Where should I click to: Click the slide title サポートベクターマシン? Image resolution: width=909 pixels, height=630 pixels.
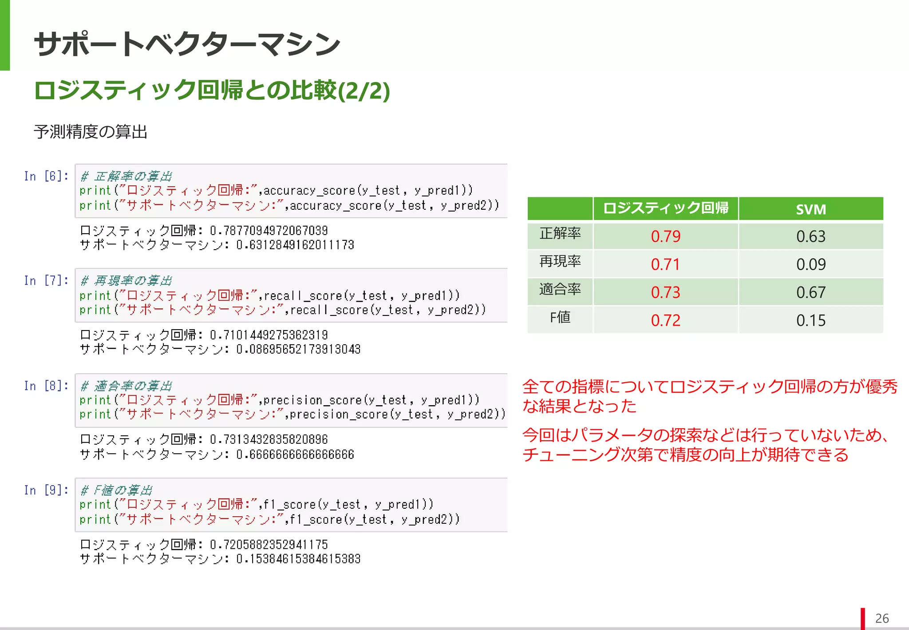187,44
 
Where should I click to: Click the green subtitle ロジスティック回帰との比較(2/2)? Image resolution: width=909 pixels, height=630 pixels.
212,91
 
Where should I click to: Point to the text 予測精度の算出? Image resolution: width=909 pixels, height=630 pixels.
91,132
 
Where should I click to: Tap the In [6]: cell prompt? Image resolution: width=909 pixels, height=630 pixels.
46,176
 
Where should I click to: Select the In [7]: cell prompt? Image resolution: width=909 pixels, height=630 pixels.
46,281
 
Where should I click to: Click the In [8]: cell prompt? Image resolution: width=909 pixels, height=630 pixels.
46,386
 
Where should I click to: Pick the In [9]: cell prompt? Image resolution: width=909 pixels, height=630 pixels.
46,490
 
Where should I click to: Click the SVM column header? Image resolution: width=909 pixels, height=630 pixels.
810,209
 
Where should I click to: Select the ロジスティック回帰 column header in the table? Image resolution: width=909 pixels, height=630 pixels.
665,208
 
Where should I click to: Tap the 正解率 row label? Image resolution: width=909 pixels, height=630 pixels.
560,233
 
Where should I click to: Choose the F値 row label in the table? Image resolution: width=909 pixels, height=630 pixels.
560,318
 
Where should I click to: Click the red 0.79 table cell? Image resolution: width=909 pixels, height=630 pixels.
665,236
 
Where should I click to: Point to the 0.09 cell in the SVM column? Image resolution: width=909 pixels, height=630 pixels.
810,264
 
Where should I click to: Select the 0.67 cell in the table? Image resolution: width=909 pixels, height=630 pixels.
810,292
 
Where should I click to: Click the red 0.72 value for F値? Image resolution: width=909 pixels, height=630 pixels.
665,320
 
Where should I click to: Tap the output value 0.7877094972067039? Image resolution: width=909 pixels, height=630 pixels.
269,231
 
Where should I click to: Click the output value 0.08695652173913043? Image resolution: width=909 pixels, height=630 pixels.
298,350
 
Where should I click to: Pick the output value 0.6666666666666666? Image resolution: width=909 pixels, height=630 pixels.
295,455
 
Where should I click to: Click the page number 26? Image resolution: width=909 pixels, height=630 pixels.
881,618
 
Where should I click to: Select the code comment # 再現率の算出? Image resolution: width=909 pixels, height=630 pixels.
126,281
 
